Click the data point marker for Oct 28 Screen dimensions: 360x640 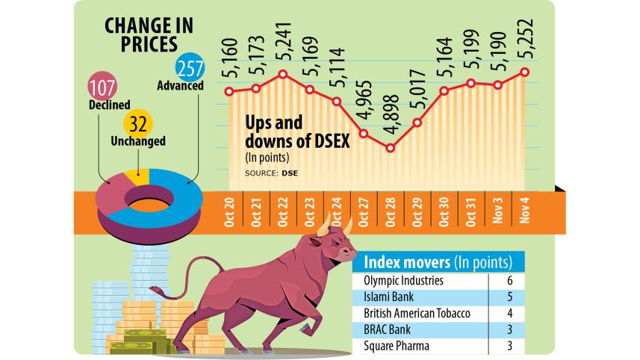click(x=390, y=148)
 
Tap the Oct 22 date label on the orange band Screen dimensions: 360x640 click(x=283, y=211)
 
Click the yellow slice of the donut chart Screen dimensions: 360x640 click(x=139, y=177)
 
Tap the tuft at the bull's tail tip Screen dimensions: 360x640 click(x=155, y=289)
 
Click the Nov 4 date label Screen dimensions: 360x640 click(x=525, y=211)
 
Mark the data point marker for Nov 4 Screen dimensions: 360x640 click(x=525, y=72)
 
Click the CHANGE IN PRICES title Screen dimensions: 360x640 click(x=146, y=34)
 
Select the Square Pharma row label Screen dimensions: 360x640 click(x=396, y=345)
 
